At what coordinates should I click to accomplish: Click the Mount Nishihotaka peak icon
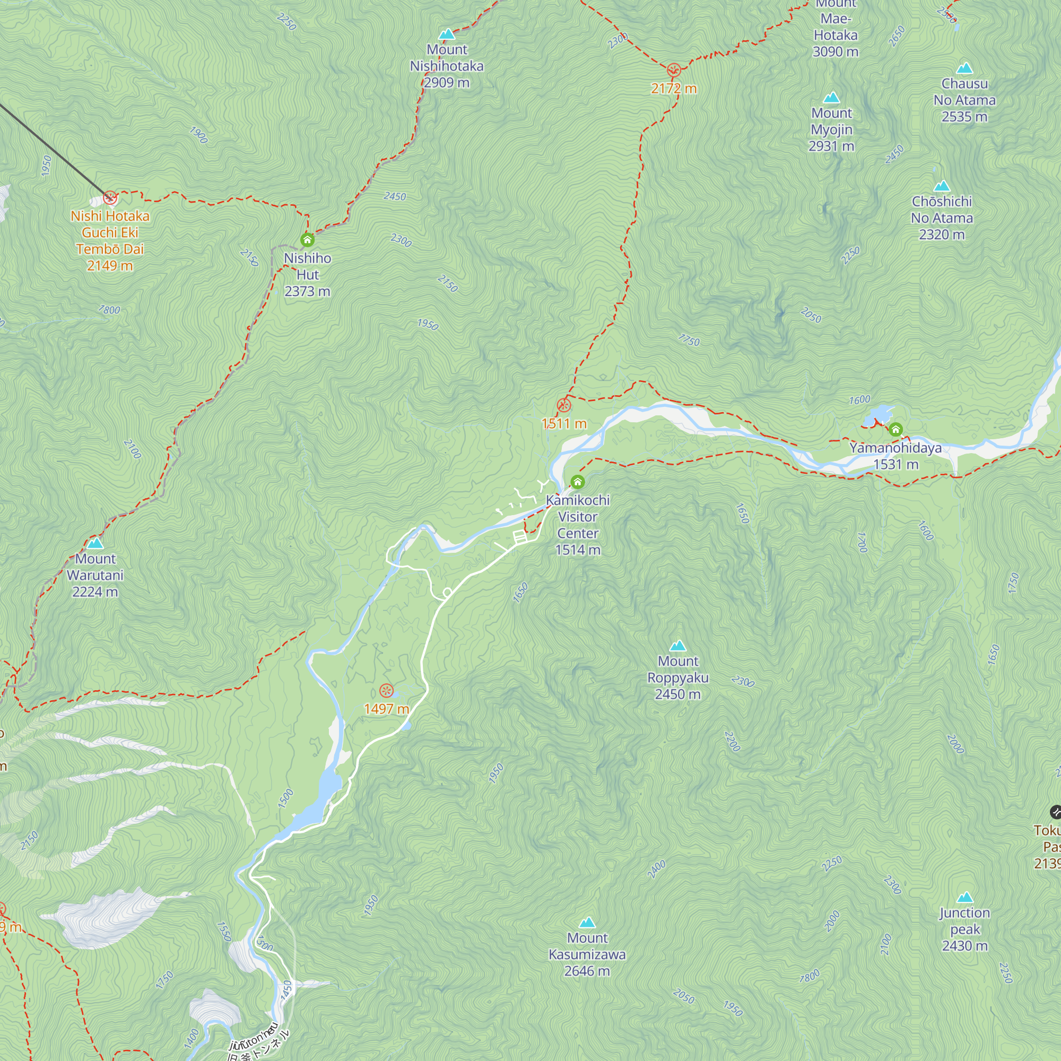click(x=447, y=34)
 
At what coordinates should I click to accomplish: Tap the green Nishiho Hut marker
click(x=308, y=240)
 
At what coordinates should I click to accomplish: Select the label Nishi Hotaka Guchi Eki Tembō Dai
click(x=110, y=240)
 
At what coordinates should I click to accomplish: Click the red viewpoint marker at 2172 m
click(x=674, y=71)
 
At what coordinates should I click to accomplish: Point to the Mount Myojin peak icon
click(x=831, y=98)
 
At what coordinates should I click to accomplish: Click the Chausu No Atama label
click(x=964, y=100)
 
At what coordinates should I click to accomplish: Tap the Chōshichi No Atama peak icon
click(x=942, y=186)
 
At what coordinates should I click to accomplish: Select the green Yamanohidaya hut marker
click(x=895, y=429)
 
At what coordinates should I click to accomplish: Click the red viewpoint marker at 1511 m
click(x=564, y=406)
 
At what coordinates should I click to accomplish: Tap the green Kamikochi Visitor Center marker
click(x=577, y=482)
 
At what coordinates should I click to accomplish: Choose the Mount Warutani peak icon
click(x=95, y=544)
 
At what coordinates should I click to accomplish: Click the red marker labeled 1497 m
click(x=387, y=691)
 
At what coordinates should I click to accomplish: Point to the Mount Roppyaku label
click(x=677, y=677)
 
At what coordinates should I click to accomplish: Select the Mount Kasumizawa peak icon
click(x=587, y=922)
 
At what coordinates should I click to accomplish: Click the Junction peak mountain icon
click(x=965, y=898)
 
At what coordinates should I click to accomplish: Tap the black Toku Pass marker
click(x=1056, y=812)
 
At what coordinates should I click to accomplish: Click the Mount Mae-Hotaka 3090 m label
click(x=836, y=28)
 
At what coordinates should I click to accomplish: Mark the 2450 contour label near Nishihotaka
click(x=395, y=196)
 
